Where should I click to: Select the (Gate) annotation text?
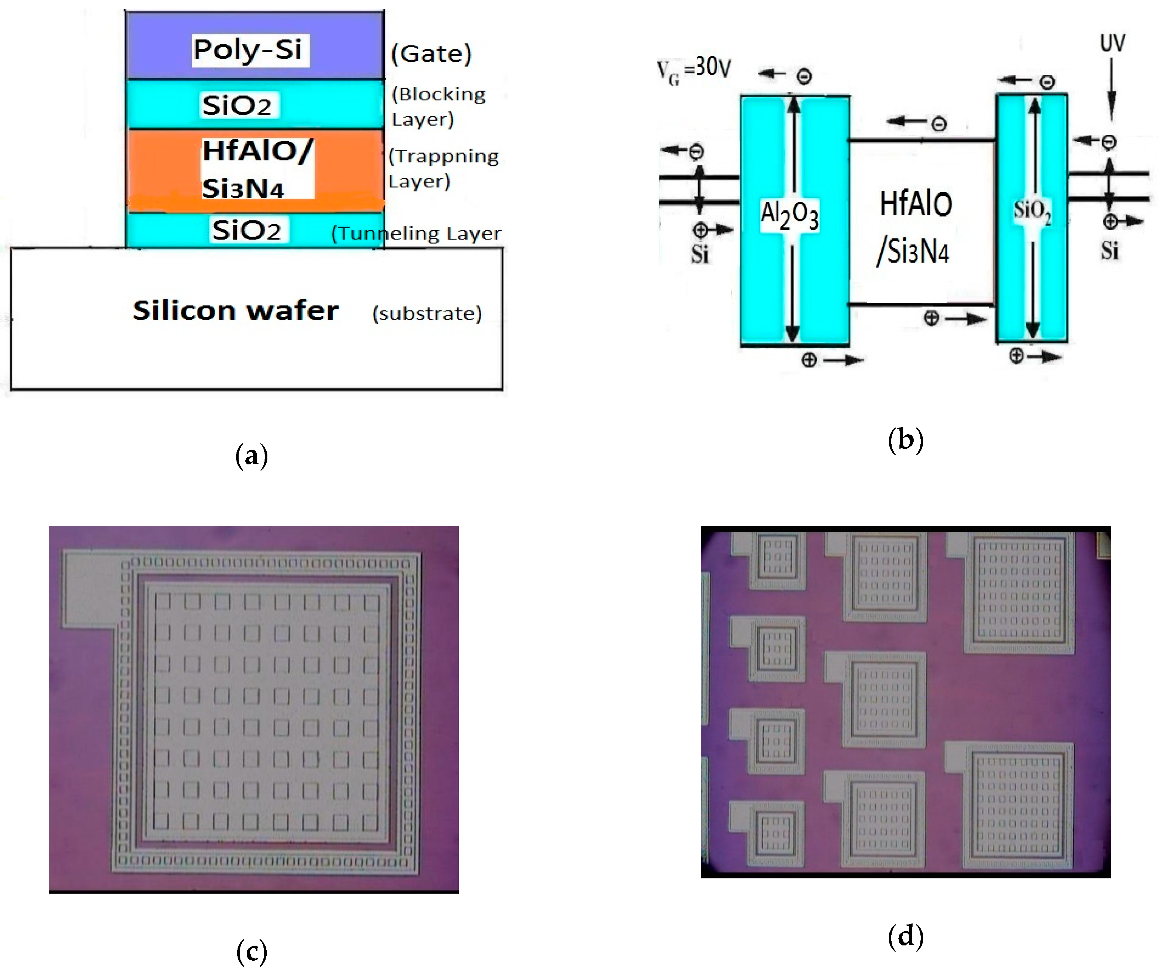coord(431,54)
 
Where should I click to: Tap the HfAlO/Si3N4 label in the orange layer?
coord(257,169)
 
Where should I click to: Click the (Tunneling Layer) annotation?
coord(416,233)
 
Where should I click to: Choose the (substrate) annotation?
coord(427,314)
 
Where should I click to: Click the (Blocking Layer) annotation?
coord(438,106)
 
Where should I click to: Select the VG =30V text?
coord(693,70)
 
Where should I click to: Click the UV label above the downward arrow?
coord(1112,43)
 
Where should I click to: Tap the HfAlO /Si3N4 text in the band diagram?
coord(915,227)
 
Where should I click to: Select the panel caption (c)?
coord(252,951)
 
